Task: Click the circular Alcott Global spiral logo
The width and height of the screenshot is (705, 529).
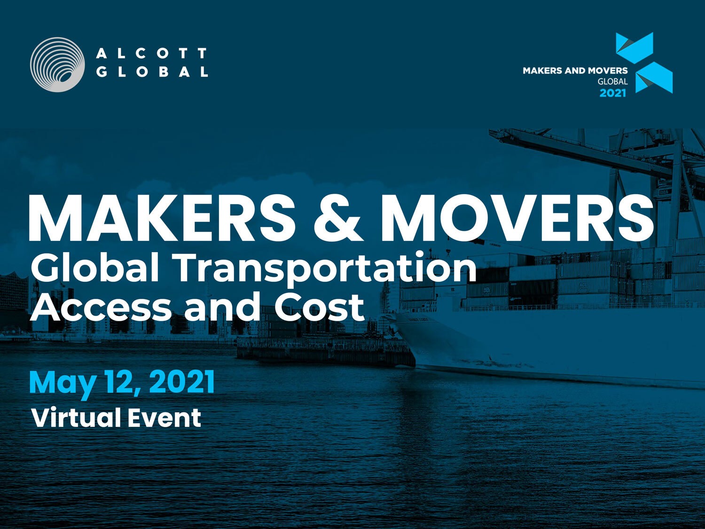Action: point(57,64)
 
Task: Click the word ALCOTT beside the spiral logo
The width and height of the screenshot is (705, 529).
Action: point(151,53)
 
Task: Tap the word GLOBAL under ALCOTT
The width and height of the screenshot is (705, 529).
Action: point(152,71)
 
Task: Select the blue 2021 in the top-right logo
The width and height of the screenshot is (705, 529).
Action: point(613,93)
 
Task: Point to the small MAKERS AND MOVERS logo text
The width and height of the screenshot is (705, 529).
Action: point(575,71)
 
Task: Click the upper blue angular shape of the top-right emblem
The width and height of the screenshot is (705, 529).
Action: point(634,47)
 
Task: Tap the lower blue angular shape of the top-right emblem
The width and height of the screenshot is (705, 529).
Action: point(654,78)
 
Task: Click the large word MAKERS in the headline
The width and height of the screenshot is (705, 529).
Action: point(162,217)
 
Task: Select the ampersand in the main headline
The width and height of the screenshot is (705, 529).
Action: point(337,218)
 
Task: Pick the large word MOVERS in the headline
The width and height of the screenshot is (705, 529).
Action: point(517,217)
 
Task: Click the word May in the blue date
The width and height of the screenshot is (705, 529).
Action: point(63,384)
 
